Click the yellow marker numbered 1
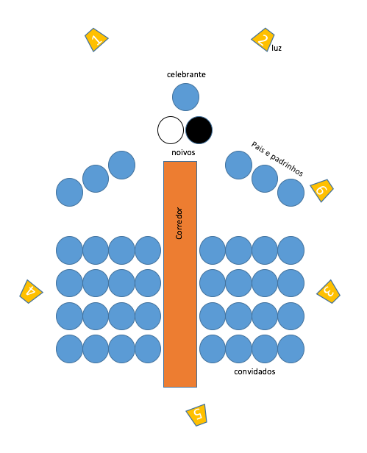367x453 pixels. click(96, 40)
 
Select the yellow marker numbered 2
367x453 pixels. click(263, 40)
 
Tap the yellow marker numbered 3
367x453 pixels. click(329, 291)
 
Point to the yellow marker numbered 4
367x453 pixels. click(31, 291)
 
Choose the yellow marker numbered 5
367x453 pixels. click(197, 415)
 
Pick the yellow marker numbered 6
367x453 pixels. click(321, 190)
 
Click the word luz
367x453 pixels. click(277, 48)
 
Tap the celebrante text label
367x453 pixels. click(186, 74)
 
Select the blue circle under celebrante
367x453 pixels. click(185, 97)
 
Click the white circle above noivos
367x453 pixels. click(171, 130)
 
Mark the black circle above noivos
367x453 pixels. click(199, 130)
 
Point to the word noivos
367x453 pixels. click(183, 152)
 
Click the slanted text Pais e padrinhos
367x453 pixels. click(277, 159)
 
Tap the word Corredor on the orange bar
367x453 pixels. click(179, 223)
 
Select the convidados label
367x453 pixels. click(254, 371)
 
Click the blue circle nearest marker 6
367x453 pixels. click(291, 193)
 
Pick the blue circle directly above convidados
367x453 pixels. click(265, 349)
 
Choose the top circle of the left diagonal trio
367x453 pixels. click(121, 165)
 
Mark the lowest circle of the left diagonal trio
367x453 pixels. click(69, 193)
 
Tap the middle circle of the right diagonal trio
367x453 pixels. click(265, 179)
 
